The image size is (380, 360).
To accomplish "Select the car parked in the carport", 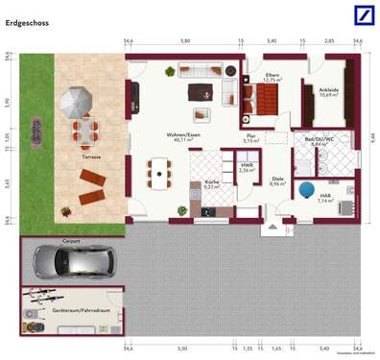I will [x=73, y=259].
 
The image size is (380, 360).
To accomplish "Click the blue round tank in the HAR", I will [x=308, y=190].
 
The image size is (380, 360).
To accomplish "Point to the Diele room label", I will [x=276, y=179].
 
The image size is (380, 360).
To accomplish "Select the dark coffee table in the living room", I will [x=199, y=92].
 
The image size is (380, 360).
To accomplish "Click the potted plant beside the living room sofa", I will [x=169, y=71].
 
